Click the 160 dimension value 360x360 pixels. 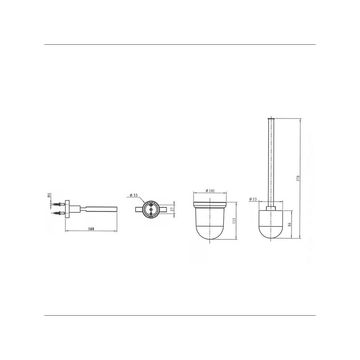point(91,229)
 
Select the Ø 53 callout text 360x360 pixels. point(133,195)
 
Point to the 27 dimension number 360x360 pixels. point(172,209)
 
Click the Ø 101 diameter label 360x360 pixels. point(210,191)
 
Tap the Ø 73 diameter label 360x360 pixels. point(253,199)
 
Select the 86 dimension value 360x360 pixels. point(289,224)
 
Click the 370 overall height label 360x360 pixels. point(298,178)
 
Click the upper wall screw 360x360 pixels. point(59,204)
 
